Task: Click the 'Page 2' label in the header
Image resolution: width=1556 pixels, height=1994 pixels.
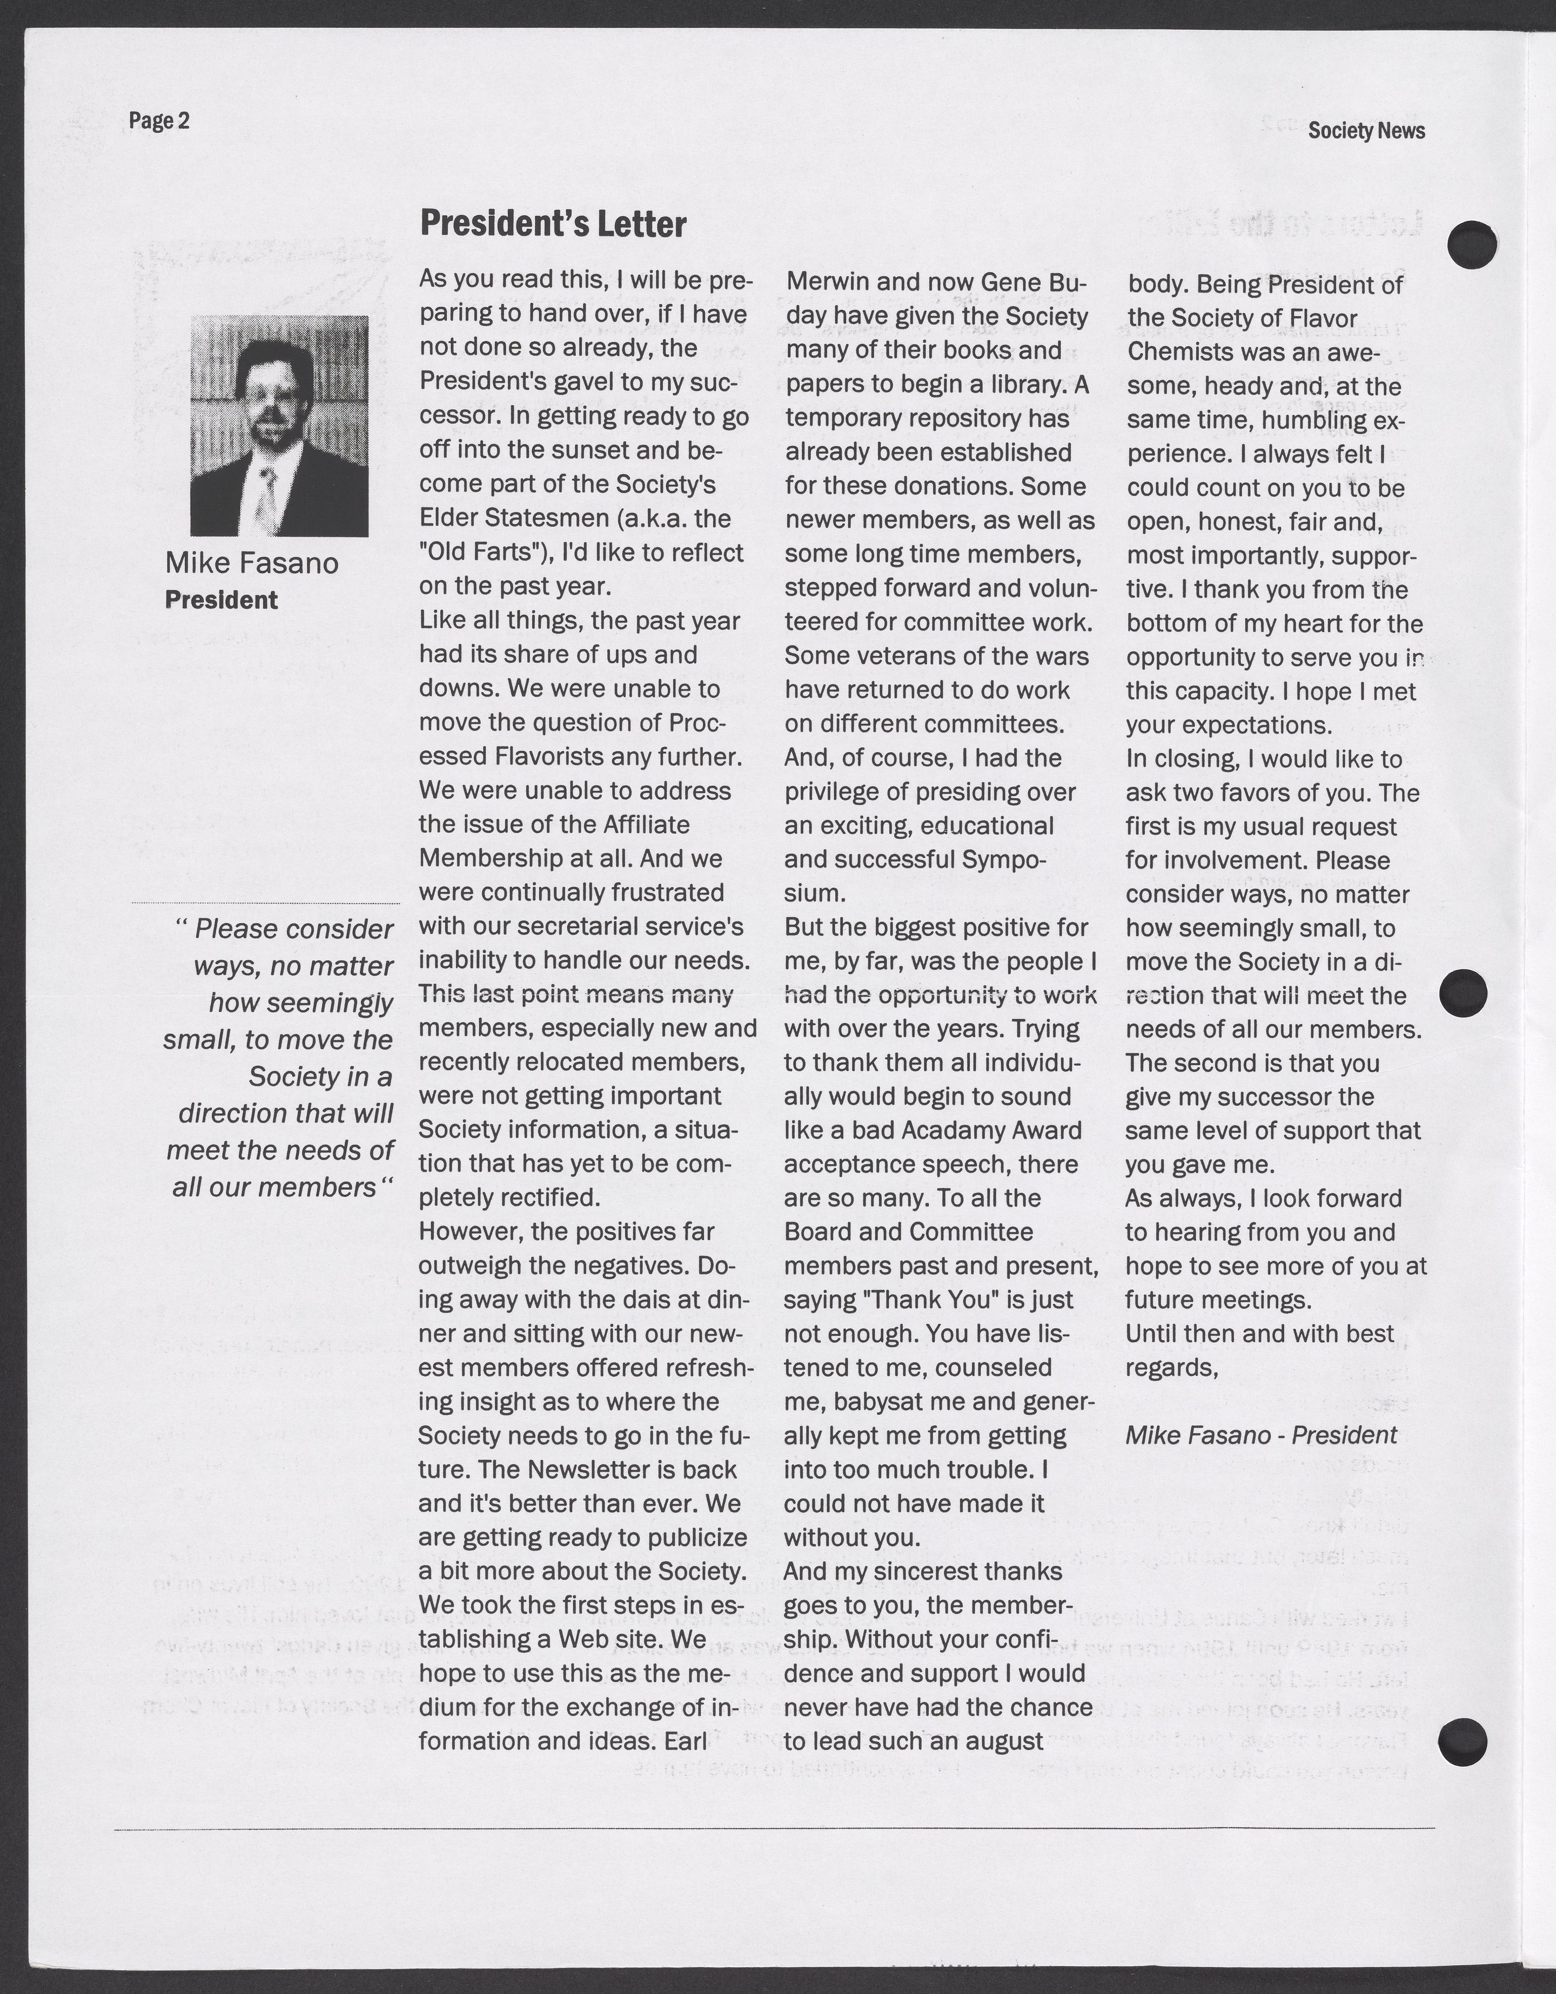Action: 159,120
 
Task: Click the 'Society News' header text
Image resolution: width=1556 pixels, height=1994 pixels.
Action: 1365,131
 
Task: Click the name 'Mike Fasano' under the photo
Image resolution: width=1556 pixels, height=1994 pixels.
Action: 251,563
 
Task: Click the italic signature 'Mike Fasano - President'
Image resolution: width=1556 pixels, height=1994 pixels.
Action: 1260,1434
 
